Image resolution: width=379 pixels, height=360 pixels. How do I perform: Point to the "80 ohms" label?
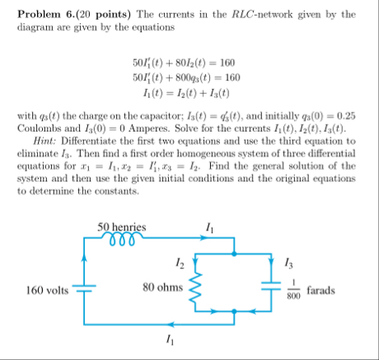coord(161,289)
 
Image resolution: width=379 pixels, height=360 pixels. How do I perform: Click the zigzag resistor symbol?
coord(195,288)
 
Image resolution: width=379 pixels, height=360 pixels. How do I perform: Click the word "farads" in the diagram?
coord(324,290)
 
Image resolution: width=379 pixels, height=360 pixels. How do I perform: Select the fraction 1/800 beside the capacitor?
coord(293,290)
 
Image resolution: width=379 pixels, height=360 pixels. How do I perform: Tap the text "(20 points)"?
coord(111,14)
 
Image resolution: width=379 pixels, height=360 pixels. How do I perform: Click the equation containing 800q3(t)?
coord(189,77)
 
